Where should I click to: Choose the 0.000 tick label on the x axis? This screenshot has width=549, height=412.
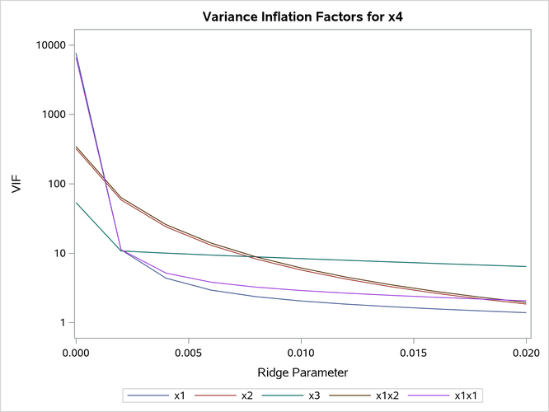point(76,353)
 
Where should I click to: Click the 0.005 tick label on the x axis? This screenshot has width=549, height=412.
point(189,353)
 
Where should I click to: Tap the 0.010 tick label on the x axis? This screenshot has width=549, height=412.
point(301,353)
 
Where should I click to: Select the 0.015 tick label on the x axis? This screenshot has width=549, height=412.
point(413,353)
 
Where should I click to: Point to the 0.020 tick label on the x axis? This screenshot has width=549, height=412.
point(525,353)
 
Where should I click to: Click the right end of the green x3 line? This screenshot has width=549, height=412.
point(525,266)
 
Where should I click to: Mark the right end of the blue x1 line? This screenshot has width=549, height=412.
point(525,312)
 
